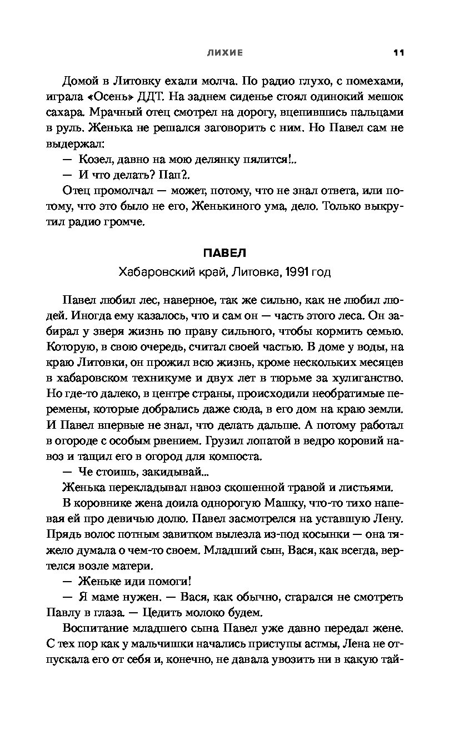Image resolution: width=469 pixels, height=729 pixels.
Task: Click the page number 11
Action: [398, 53]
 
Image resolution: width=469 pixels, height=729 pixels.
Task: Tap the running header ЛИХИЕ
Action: [224, 53]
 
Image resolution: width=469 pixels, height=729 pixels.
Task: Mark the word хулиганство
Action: [370, 379]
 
